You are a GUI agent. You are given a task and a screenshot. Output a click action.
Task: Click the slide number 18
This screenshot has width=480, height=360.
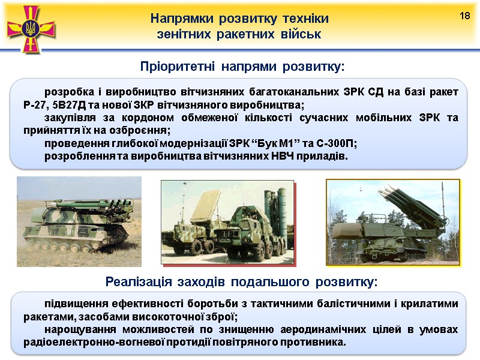click(464, 14)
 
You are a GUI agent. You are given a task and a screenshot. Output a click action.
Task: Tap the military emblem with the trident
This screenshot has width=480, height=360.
click(31, 27)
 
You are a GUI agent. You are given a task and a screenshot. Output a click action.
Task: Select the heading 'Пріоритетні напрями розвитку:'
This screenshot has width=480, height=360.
click(242, 65)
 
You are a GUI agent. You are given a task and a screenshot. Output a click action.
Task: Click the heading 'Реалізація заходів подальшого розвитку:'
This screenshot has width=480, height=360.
click(242, 281)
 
